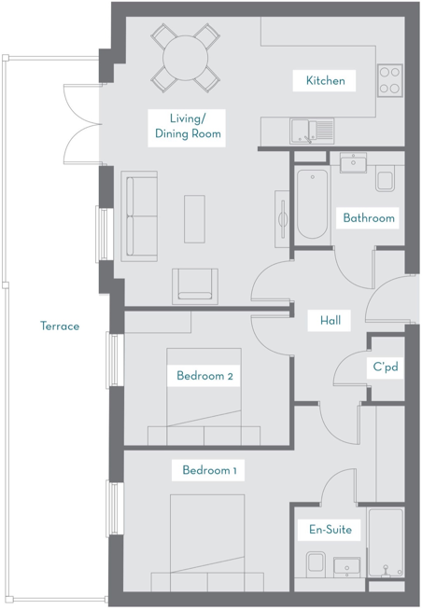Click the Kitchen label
325,81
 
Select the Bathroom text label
369,218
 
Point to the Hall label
330,321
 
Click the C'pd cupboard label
386,367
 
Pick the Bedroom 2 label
204,376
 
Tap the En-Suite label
330,530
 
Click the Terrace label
60,326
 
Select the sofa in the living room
141,217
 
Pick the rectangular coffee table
195,218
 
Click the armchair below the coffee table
195,284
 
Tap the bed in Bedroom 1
207,541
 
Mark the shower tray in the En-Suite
385,544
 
